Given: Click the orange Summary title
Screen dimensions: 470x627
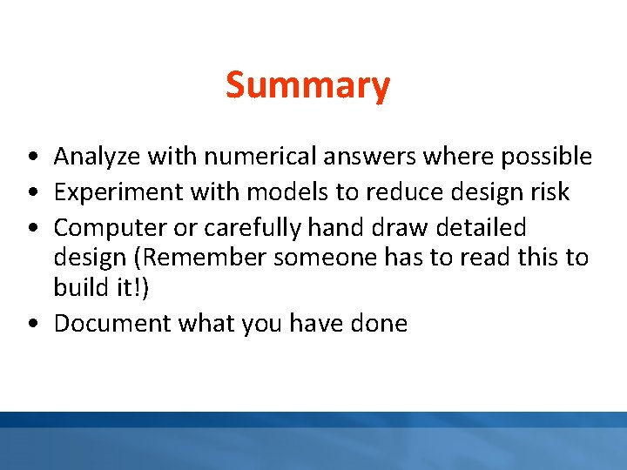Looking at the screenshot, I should click(307, 86).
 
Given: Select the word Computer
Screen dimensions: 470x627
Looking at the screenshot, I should click(109, 228).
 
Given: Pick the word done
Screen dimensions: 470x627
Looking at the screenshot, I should click(378, 324).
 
